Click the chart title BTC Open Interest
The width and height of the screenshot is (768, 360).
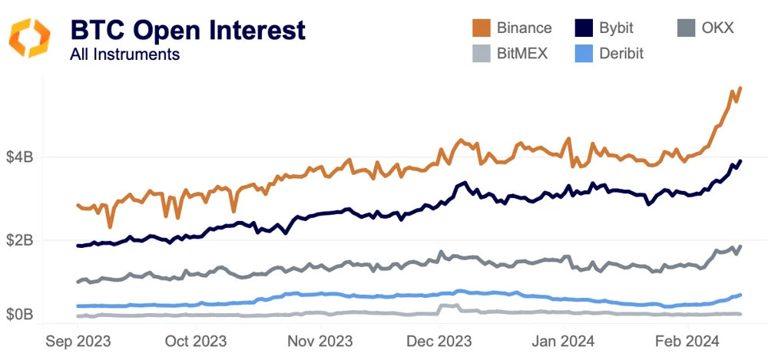pos(187,30)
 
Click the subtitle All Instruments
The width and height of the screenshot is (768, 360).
pos(124,54)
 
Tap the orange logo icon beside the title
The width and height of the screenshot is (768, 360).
pos(29,38)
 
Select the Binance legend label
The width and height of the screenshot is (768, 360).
pos(524,28)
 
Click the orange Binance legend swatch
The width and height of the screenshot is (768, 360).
pos(481,28)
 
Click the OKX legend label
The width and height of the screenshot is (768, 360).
pos(717,28)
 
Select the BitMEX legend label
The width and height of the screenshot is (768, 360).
pos(521,53)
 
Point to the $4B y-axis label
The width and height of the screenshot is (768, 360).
pos(19,157)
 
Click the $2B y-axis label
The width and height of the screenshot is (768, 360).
pos(19,240)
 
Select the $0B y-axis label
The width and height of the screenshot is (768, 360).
pos(19,314)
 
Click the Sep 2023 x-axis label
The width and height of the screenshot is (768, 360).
pos(78,340)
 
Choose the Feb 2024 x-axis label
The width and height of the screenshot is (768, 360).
pos(686,340)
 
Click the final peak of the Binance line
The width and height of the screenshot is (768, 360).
pos(740,88)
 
